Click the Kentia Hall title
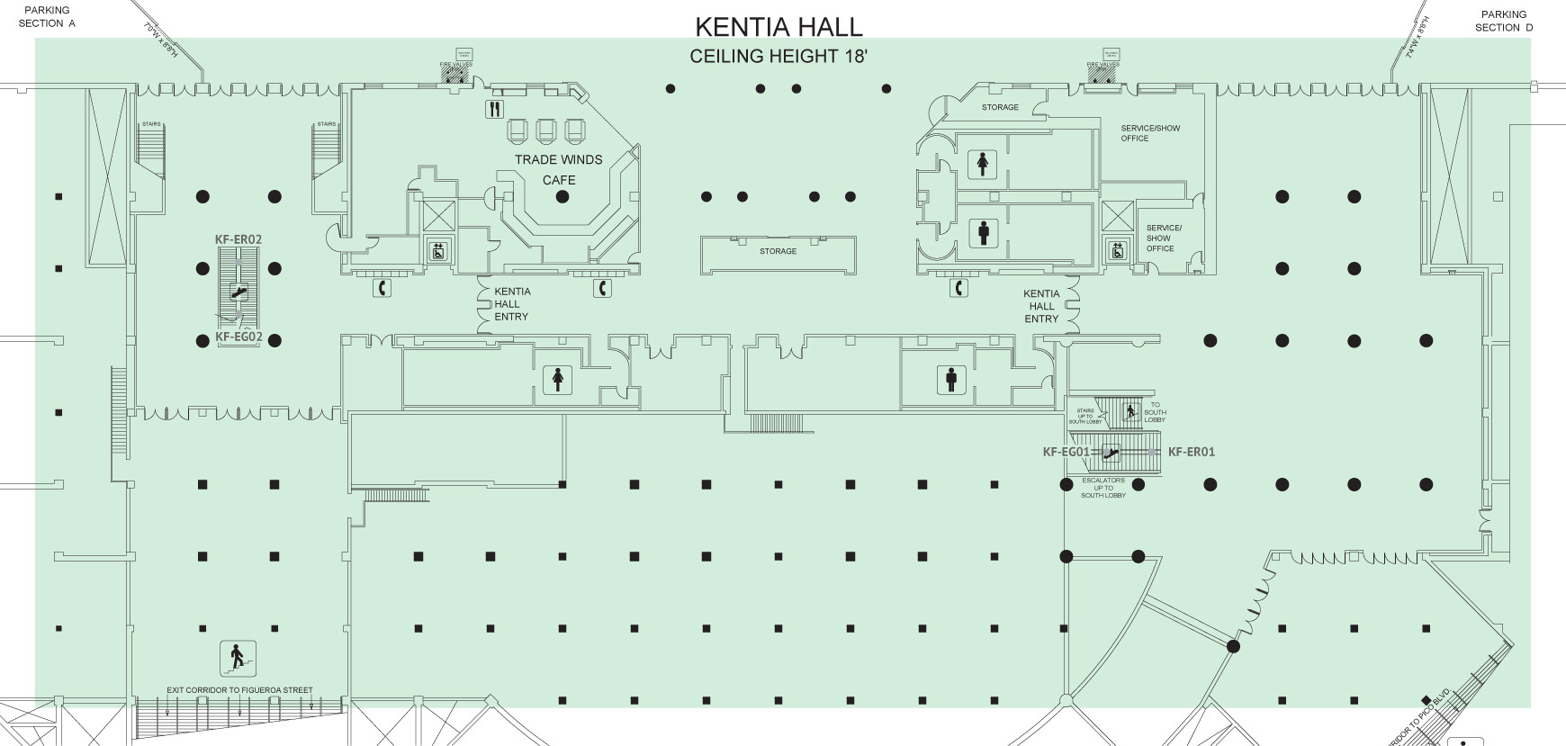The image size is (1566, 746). (778, 26)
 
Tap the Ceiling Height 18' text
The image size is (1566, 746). (778, 57)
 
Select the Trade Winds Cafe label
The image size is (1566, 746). (558, 169)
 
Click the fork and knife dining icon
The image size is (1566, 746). (494, 110)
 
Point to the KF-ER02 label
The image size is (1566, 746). (238, 239)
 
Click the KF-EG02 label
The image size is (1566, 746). (238, 338)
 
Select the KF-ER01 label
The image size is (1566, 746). (1191, 452)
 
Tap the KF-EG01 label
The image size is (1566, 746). (1066, 452)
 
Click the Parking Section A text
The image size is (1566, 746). (47, 17)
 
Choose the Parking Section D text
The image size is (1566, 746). (1504, 21)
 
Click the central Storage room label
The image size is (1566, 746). (778, 251)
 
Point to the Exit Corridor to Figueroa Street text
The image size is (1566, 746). (239, 690)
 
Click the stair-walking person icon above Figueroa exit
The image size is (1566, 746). (238, 658)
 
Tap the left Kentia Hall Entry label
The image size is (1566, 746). (512, 304)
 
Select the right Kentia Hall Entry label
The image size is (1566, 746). (1041, 306)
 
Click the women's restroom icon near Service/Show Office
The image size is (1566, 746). (980, 164)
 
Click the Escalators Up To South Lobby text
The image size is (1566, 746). (1103, 488)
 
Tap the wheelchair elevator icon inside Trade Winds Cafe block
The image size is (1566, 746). (438, 251)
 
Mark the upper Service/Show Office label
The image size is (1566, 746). (1150, 133)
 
